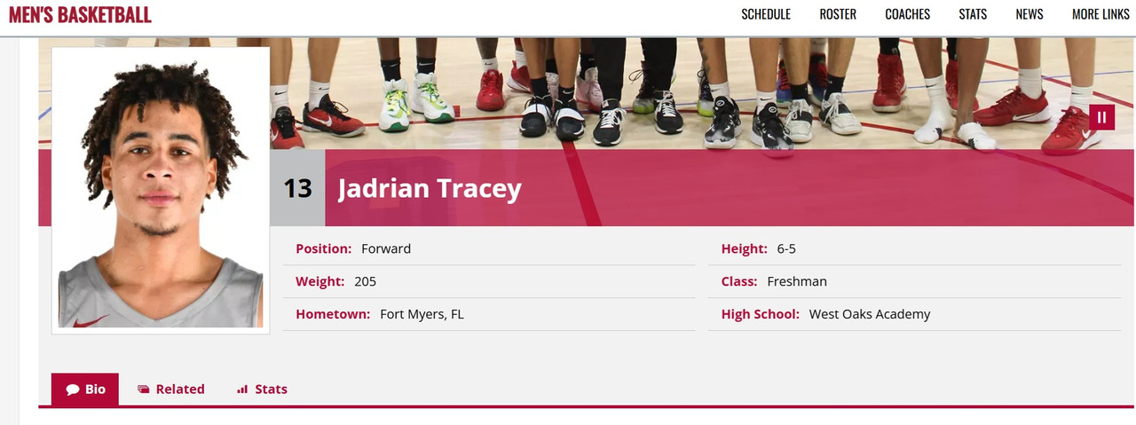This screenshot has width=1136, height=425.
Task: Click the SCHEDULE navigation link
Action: pos(766,14)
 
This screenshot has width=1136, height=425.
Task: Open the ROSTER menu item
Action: pos(838,14)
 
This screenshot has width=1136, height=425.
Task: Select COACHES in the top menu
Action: pos(908,14)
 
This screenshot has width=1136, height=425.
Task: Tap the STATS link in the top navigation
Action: pos(973,14)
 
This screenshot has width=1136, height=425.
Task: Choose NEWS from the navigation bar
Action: pos(1029,14)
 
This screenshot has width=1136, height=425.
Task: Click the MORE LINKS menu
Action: pos(1100,14)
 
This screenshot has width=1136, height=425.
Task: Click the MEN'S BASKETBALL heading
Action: pos(80,14)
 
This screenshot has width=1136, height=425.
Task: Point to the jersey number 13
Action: pos(297,188)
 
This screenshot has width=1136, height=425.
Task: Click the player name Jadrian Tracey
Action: pos(430,188)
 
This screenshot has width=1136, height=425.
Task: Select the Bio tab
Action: pos(85,390)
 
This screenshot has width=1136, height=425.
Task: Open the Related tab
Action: pos(171,390)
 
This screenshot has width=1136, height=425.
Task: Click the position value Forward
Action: pos(386,248)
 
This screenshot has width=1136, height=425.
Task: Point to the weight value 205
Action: pos(365,281)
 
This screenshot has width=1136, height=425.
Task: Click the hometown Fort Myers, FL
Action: pos(422,314)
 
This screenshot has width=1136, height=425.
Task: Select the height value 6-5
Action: pos(786,248)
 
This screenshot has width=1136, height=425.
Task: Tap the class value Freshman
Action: pos(797,281)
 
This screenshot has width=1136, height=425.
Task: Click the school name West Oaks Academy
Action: pos(870,314)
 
